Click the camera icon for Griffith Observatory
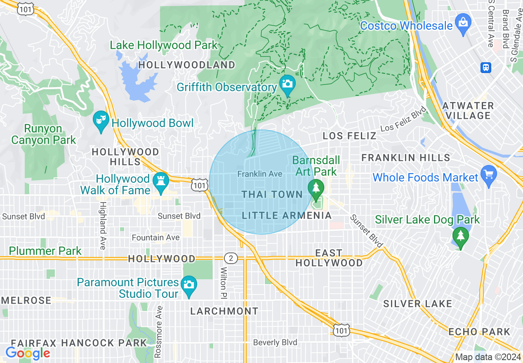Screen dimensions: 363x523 coord(287,83)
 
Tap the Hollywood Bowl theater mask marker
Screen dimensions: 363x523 coord(101,120)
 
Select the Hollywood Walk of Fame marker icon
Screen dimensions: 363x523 coord(160,181)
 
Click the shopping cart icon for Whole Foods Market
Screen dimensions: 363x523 coord(489,174)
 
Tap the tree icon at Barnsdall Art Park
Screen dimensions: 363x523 coord(316,188)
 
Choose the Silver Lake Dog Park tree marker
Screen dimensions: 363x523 coord(460,237)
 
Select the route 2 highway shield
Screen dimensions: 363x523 coord(231,259)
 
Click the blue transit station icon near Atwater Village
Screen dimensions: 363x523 coord(486,67)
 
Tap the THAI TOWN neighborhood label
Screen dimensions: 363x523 coord(272,195)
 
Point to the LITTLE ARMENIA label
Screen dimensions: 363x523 coord(287,215)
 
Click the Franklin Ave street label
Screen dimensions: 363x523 coord(260,174)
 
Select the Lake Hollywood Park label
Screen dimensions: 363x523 coord(163,45)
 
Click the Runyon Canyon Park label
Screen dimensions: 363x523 coord(44,134)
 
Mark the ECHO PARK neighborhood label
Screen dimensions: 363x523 coord(479,332)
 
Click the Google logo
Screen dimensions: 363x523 coord(28,353)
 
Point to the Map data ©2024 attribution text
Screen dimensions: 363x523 coord(488,357)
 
